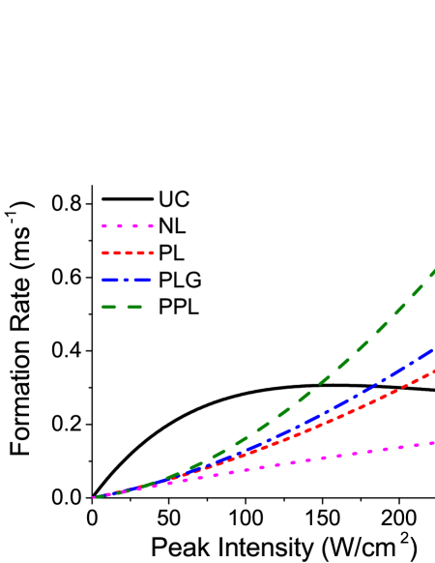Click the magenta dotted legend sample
pyautogui.click(x=128, y=225)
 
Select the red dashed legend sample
pyautogui.click(x=128, y=252)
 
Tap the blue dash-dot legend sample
pyautogui.click(x=127, y=280)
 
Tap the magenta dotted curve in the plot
pyautogui.click(x=338, y=454)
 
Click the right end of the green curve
pyautogui.click(x=433, y=271)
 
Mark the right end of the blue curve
pyautogui.click(x=433, y=348)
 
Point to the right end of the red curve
pyautogui.click(x=433, y=371)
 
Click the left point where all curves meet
pyautogui.click(x=94, y=497)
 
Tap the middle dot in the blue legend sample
pyautogui.click(x=128, y=280)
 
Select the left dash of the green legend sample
pyautogui.click(x=109, y=307)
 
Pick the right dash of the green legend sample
pyautogui.click(x=134, y=307)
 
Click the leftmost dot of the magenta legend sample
pyautogui.click(x=104, y=225)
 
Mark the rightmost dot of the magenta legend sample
pyautogui.click(x=151, y=225)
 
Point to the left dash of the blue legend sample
pyautogui.click(x=111, y=280)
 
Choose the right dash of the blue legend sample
pyautogui.click(x=143, y=280)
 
